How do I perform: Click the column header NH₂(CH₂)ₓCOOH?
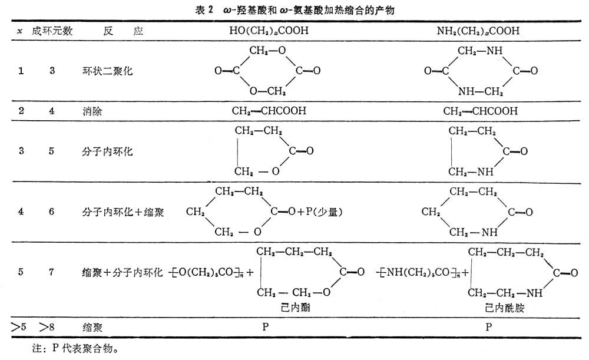(481, 31)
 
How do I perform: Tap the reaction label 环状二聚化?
(108, 71)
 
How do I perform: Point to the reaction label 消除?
(92, 111)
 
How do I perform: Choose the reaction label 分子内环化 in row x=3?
(108, 151)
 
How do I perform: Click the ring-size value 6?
(52, 212)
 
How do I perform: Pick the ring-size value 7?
(52, 272)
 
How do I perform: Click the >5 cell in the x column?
(20, 326)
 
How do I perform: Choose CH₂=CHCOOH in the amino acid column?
(481, 111)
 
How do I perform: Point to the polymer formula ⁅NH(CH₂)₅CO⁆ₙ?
(419, 272)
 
